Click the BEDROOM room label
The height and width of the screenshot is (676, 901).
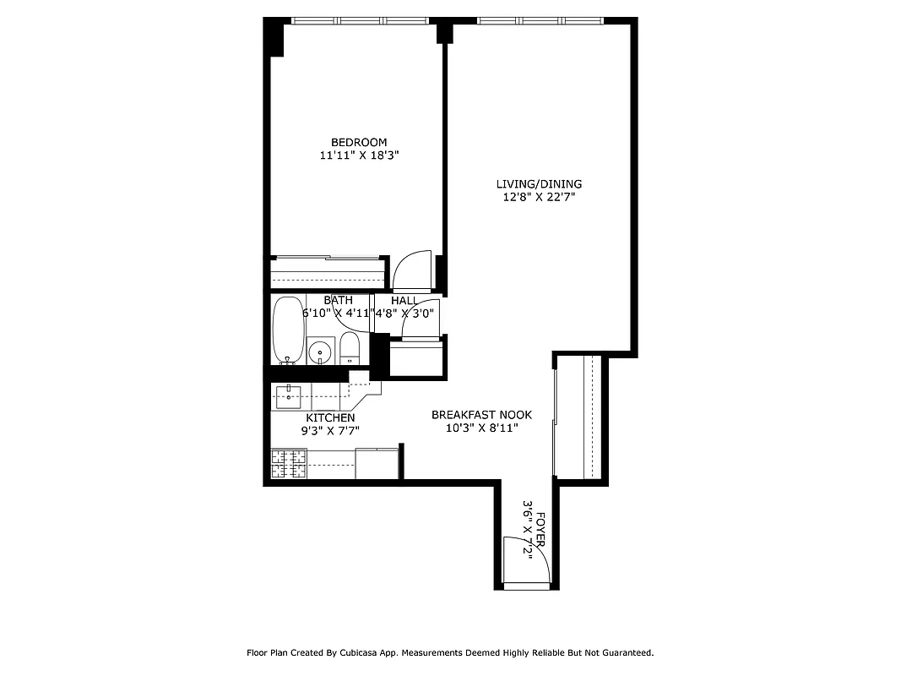pos(359,142)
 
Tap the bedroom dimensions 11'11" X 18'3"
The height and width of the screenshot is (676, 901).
pos(359,155)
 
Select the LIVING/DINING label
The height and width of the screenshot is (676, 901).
pos(539,184)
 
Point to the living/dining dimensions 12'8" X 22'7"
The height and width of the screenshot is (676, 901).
pos(539,198)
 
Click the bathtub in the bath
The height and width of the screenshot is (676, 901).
pos(287,330)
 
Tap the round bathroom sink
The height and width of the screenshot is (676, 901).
pos(319,351)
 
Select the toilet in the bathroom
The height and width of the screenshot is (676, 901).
pos(350,349)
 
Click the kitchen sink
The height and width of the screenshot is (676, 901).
pos(289,393)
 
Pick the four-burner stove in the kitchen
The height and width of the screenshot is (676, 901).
pos(288,464)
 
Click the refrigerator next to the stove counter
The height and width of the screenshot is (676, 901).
pos(377,463)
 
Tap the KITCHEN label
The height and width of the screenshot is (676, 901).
pos(330,418)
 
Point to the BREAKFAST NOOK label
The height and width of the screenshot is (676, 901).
pos(481,415)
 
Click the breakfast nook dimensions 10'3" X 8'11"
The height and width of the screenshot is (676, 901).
pos(481,428)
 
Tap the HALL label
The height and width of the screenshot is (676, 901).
pos(404,301)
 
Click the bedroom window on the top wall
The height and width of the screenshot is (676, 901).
pos(359,20)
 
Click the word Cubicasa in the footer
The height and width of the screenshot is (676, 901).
pos(366,652)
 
